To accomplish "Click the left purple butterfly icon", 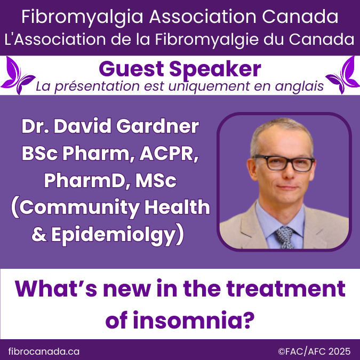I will (x=19, y=75).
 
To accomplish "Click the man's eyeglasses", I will (x=283, y=162).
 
